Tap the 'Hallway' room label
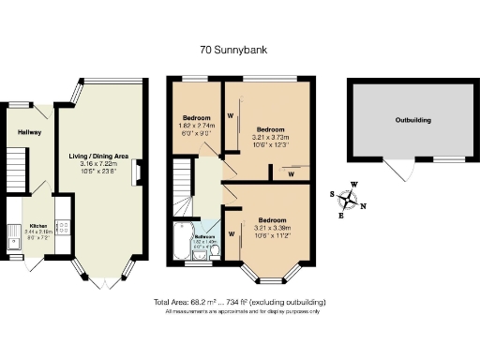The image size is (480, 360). [x=29, y=132]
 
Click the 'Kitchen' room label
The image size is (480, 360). [x=38, y=226]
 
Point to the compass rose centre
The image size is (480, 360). [x=351, y=200]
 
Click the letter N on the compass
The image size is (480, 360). [x=364, y=206]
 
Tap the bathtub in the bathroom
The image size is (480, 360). [x=180, y=241]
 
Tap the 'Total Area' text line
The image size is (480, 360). [x=239, y=302]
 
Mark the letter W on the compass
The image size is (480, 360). [x=354, y=185]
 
